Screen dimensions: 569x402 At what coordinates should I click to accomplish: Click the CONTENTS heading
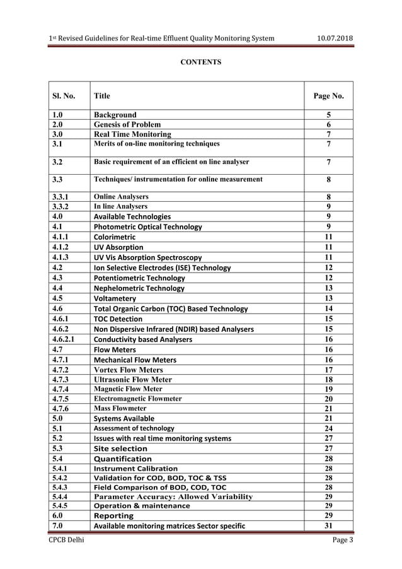(201, 62)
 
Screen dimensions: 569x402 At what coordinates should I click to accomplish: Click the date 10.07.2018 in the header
(334, 38)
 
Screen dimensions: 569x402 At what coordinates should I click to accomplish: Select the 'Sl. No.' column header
(64, 96)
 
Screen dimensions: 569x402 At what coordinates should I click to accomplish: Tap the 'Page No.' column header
(328, 96)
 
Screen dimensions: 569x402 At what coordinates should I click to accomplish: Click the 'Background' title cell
(115, 115)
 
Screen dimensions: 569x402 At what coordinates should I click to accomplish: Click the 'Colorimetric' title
(117, 237)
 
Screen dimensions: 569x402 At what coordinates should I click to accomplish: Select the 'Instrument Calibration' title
(135, 469)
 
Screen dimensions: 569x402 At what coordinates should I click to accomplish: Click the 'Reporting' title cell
(113, 515)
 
